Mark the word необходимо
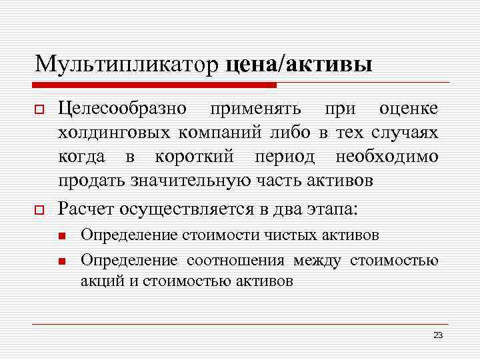click(x=387, y=157)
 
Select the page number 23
click(x=437, y=335)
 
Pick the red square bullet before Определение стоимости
click(x=61, y=236)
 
